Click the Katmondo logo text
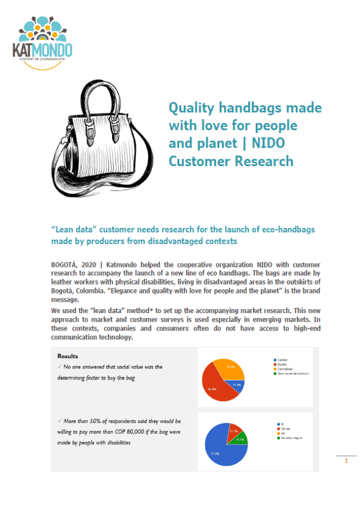pyautogui.click(x=42, y=50)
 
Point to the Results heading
pyautogui.click(x=67, y=356)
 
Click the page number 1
pyautogui.click(x=346, y=461)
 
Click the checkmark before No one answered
pyautogui.click(x=59, y=366)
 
